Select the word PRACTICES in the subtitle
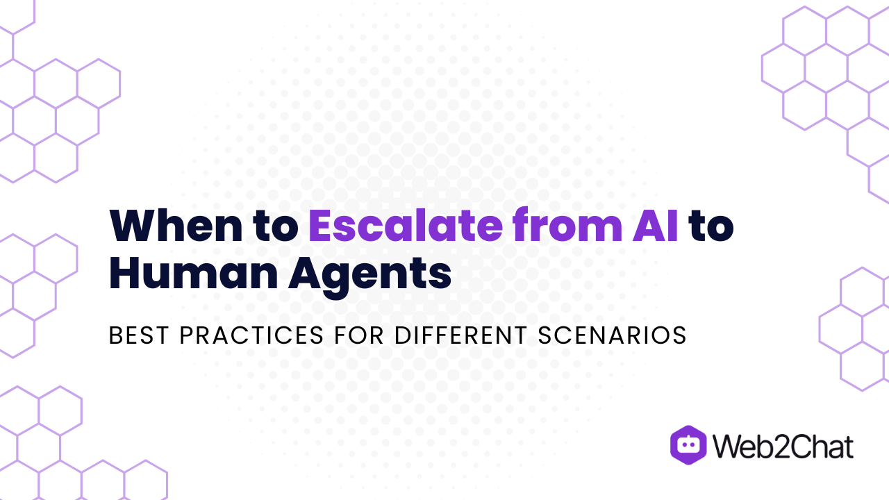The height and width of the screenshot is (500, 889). pos(251,335)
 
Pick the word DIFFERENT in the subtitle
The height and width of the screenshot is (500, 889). pos(461,335)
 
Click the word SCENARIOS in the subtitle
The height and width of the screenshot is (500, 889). pos(612,335)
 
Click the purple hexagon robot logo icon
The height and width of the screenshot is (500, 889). pos(688,444)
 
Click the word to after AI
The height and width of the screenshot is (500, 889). pos(711,226)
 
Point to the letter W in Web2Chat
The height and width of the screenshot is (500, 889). pos(727,447)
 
